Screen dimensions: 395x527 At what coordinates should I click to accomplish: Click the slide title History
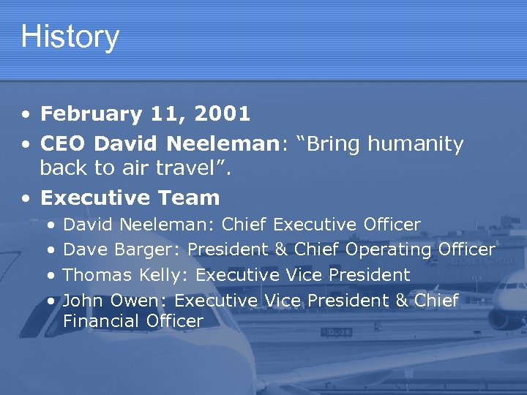point(70,37)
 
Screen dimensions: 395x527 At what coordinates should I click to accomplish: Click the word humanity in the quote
point(415,145)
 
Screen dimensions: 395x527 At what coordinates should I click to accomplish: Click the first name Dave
point(84,249)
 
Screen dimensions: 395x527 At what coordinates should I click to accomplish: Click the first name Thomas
point(97,276)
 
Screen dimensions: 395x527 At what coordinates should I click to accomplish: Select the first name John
point(83,301)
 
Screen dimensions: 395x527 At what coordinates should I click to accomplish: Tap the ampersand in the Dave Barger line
point(281,249)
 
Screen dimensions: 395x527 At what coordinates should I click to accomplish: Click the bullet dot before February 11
point(26,116)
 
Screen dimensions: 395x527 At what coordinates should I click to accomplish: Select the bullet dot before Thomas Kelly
point(50,276)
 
